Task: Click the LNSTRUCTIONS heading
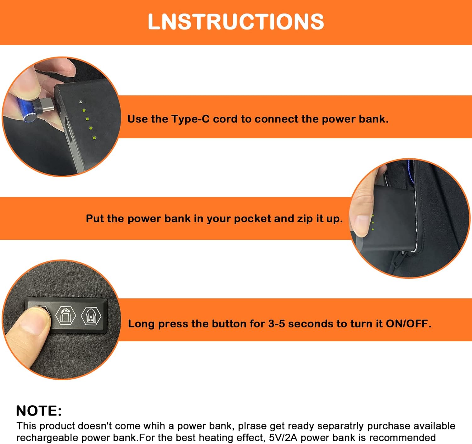[236, 22]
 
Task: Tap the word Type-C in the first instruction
[190, 119]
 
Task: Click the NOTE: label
[39, 411]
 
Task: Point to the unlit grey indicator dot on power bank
[81, 102]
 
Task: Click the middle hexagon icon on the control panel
[65, 315]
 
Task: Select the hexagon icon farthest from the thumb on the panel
[91, 315]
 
